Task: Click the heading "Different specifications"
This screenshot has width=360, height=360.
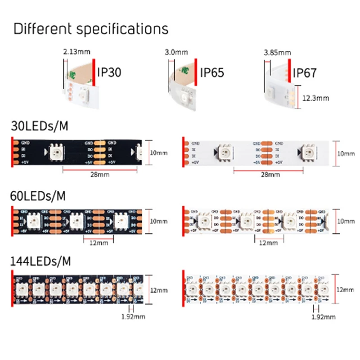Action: coord(91,29)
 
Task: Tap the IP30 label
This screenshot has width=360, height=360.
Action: coord(109,72)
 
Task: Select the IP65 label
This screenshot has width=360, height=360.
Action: coord(211,72)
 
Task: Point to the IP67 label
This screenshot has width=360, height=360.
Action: coord(305,72)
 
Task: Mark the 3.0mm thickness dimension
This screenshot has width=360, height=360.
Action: coord(177,52)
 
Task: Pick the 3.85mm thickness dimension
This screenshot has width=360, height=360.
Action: coord(278,52)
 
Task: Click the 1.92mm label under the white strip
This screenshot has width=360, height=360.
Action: coord(323,317)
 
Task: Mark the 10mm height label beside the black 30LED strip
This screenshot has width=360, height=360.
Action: coord(158,153)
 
